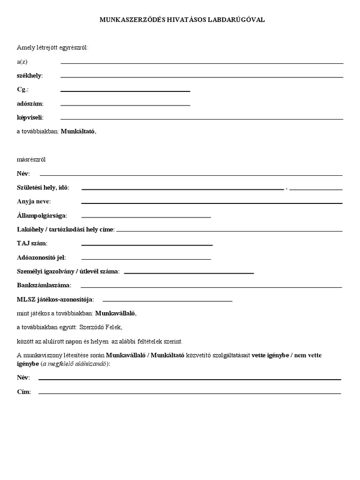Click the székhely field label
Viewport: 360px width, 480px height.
(x=29, y=75)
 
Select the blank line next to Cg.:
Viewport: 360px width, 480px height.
(x=125, y=90)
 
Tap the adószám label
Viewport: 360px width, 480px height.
(x=30, y=104)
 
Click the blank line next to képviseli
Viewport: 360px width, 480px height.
(x=202, y=119)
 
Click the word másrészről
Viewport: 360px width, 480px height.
(x=31, y=160)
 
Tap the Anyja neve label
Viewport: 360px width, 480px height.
(x=33, y=202)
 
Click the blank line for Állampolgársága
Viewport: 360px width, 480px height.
(x=146, y=217)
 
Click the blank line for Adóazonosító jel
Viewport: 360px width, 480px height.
(x=146, y=259)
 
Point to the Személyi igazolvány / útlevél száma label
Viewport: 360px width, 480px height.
(x=68, y=271)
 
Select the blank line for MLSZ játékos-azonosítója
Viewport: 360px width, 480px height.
(x=167, y=300)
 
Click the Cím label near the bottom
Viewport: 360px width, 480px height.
(x=24, y=392)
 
